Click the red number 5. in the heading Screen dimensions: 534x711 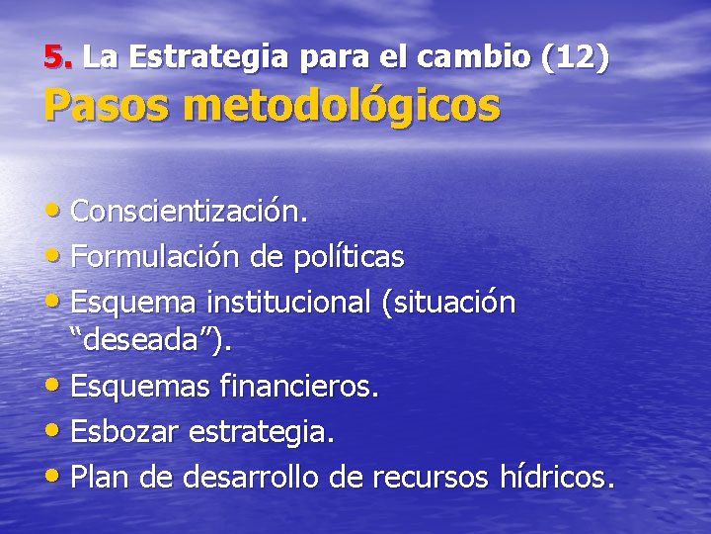(59, 57)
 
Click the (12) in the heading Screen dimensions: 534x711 (575, 57)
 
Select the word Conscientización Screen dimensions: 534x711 (190, 212)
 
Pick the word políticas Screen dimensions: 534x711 (350, 257)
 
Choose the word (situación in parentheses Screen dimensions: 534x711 (448, 303)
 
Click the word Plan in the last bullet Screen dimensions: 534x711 (100, 479)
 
